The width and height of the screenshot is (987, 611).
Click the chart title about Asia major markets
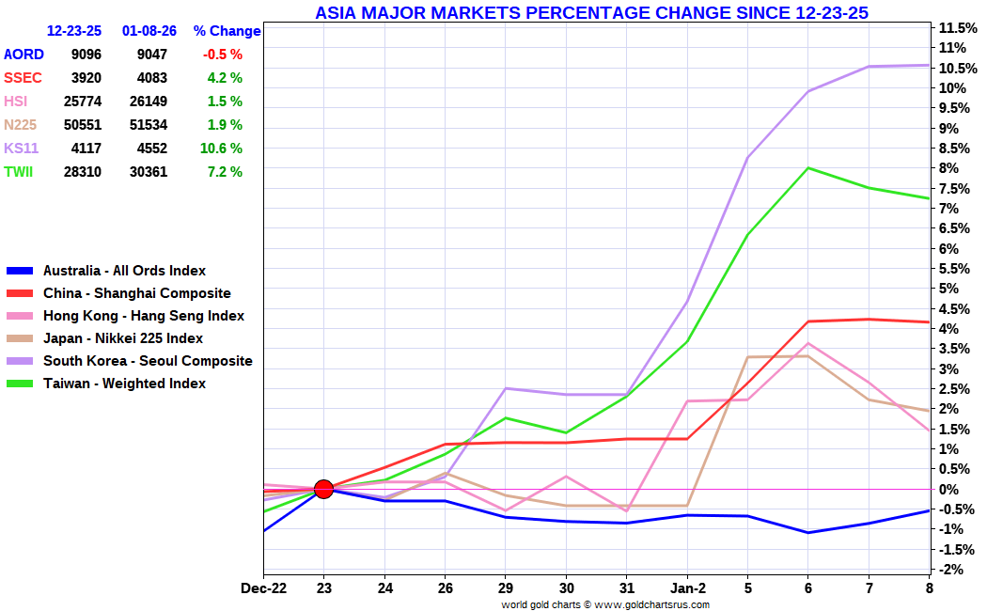coord(591,12)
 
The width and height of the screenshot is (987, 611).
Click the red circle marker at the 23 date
coord(323,489)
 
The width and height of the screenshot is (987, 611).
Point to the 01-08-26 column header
coord(149,31)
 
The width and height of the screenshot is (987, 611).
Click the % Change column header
coord(227,31)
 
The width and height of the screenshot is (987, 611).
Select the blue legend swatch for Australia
coord(20,271)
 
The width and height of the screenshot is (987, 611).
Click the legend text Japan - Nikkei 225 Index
coord(122,338)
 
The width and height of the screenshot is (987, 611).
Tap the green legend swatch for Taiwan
coord(20,384)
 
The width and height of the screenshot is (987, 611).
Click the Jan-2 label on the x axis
coord(687,588)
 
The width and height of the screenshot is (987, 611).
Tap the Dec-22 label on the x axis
coord(264,588)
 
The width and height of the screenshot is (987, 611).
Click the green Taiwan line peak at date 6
coord(807,168)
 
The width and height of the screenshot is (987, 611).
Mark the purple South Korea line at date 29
coord(506,388)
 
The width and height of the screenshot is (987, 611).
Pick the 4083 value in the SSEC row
coord(149,78)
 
